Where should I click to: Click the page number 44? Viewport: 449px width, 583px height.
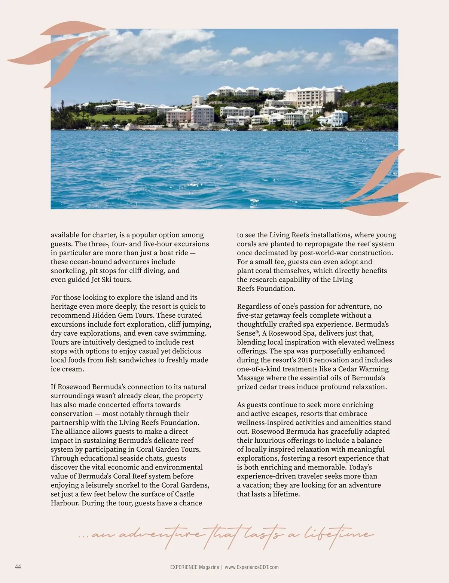pyautogui.click(x=18, y=567)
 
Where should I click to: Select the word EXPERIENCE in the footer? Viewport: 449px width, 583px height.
pyautogui.click(x=184, y=567)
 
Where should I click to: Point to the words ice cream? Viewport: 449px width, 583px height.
pyautogui.click(x=67, y=369)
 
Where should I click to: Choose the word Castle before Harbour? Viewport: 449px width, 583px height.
pyautogui.click(x=185, y=494)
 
